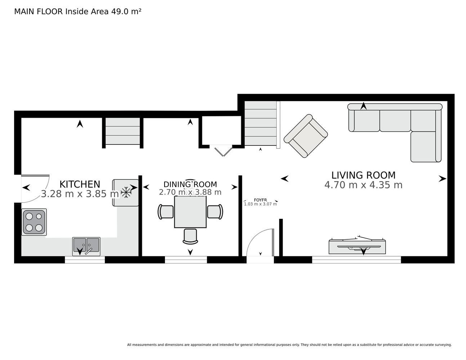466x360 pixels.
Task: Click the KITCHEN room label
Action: coord(80,184)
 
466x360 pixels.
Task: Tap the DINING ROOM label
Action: coord(190,184)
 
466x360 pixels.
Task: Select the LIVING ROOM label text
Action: coord(363,175)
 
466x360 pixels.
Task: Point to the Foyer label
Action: coord(260,200)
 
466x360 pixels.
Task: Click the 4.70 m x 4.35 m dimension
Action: coord(363,185)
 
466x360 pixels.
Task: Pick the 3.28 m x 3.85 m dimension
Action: coord(80,194)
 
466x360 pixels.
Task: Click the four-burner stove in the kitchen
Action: coord(34,222)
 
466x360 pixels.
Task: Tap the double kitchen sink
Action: coord(86,246)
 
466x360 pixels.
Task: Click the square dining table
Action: coord(190,212)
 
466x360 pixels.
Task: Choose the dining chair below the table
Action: coord(190,237)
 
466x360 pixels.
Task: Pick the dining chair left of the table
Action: coord(166,212)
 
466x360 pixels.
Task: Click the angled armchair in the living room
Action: coord(306,136)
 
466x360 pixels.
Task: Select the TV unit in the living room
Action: coord(357,247)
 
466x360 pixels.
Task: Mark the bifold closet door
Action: coord(223,151)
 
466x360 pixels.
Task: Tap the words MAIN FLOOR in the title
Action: coord(39,12)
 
